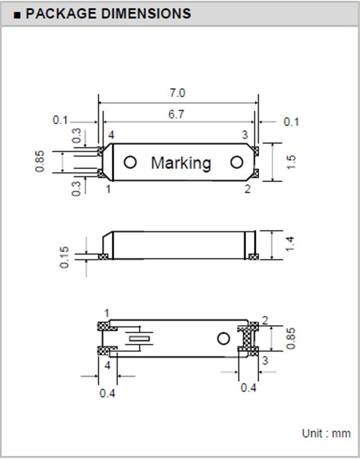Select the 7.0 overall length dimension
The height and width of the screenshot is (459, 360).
point(177,93)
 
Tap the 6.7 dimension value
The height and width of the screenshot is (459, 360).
point(177,114)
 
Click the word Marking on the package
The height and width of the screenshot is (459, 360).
point(181,163)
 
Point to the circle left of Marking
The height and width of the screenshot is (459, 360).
point(130,163)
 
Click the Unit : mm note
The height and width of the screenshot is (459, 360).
point(326,433)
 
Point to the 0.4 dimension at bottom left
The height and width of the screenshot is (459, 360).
point(107,393)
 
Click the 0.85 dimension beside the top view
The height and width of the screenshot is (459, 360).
point(39,161)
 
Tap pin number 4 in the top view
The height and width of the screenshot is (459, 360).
point(111,135)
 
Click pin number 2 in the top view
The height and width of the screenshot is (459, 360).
point(247,188)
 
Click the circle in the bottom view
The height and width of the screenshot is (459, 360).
point(223,338)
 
